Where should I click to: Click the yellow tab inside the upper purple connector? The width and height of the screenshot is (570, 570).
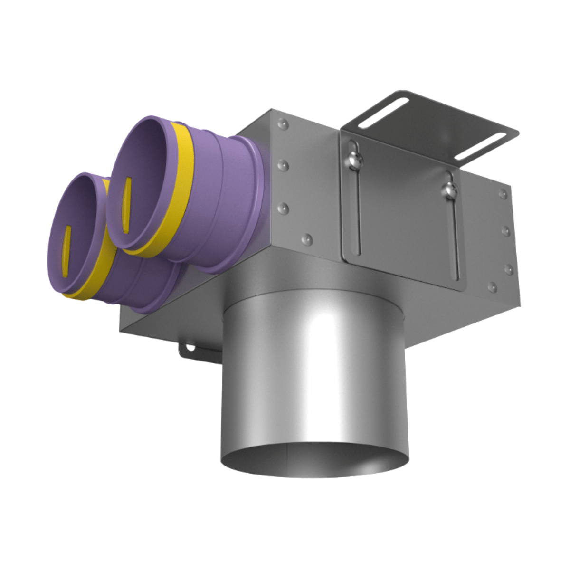tap(126, 204)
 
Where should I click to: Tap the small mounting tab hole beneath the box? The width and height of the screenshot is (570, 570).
tap(190, 348)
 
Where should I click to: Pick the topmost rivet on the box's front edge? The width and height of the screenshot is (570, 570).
tap(284, 124)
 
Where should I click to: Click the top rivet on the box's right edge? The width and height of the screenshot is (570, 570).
tap(502, 193)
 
